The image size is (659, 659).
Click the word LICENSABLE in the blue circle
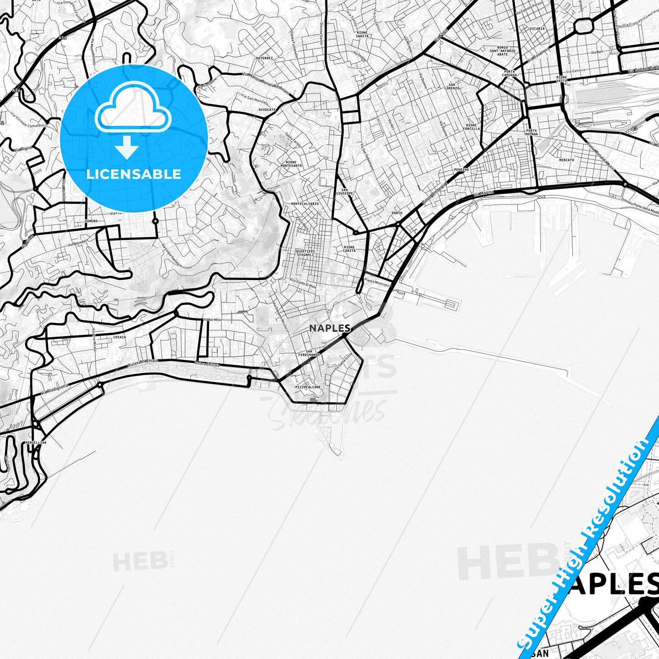coord(134,174)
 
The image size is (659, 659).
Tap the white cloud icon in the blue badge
coord(133,112)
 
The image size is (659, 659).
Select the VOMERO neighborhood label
coord(91,221)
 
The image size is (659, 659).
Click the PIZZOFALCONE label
coord(308,387)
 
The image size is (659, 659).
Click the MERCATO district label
coord(566,160)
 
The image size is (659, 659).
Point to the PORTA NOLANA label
coord(532,132)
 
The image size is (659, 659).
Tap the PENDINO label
coord(461,170)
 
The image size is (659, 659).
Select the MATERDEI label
coord(265,58)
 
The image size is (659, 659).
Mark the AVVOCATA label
coord(267,109)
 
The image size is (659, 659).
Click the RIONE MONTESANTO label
coord(291,164)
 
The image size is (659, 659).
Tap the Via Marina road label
coord(483,194)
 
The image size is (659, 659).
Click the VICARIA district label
coord(537,28)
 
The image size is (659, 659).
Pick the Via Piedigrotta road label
coord(51,391)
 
